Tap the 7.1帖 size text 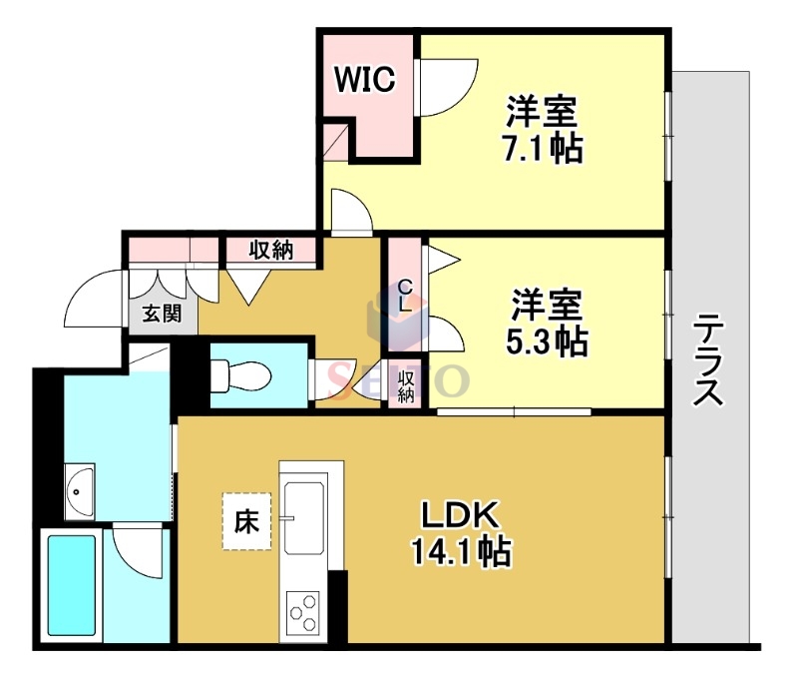(x=542, y=149)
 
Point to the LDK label (x=458, y=515)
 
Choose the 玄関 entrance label (x=161, y=315)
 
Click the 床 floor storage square (x=245, y=521)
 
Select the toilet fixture (x=239, y=375)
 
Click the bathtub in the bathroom (x=71, y=589)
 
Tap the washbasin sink (x=79, y=490)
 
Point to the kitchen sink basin (x=304, y=516)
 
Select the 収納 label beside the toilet (x=406, y=386)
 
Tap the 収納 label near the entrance (x=270, y=250)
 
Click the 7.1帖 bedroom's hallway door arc (x=351, y=213)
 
